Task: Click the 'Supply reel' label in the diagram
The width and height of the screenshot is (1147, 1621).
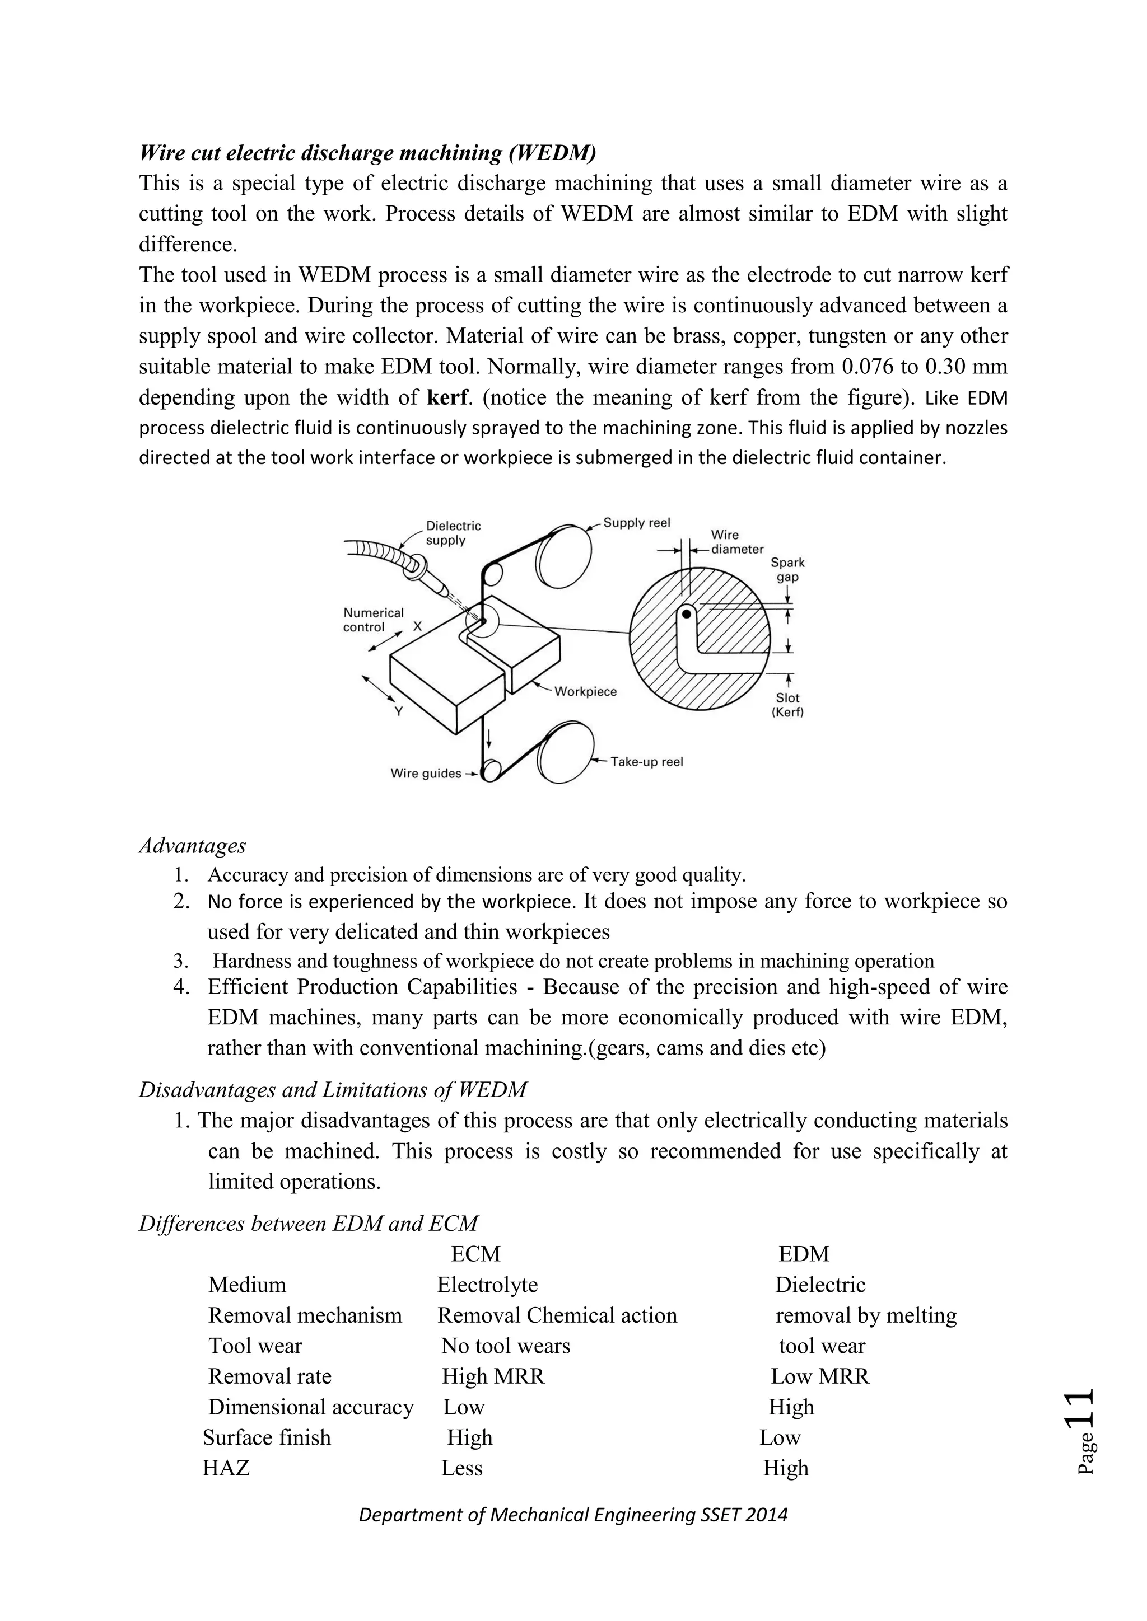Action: point(636,523)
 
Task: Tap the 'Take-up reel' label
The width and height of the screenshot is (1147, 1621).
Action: point(646,762)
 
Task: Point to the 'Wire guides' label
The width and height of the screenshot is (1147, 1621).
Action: point(426,774)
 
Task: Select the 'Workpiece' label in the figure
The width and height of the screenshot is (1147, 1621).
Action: point(585,692)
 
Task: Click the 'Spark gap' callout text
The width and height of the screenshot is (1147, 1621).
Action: point(787,570)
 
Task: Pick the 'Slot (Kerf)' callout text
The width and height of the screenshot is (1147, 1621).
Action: point(787,705)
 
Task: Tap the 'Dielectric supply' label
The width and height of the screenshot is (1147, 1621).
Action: point(453,533)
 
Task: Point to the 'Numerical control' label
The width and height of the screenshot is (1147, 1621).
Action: point(373,620)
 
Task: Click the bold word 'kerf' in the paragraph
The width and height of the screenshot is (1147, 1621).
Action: point(448,397)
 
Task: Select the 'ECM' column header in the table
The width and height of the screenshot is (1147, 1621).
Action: point(475,1254)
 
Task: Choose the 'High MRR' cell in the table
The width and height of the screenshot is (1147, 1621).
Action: point(493,1377)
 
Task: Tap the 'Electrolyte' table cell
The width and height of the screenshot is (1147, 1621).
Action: point(487,1285)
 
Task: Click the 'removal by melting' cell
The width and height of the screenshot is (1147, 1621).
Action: point(866,1315)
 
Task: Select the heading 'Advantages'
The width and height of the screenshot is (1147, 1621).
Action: point(192,845)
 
